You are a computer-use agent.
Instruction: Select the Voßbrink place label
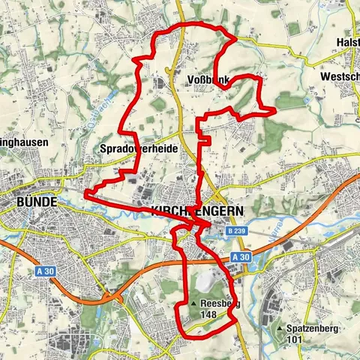click(204, 80)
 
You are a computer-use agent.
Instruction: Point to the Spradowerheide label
click(139, 149)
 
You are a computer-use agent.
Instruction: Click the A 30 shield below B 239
click(240, 257)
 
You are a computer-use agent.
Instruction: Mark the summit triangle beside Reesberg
click(193, 303)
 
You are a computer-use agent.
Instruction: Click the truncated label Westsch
click(339, 76)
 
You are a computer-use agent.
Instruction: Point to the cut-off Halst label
click(348, 43)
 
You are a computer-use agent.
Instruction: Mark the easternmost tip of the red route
click(276, 111)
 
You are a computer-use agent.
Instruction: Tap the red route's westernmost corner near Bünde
click(85, 193)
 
